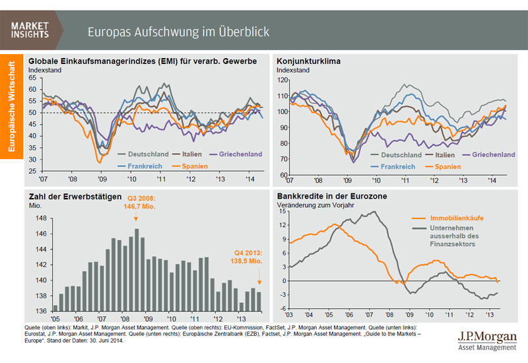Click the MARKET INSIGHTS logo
[32, 30]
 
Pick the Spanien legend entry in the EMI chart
[191, 166]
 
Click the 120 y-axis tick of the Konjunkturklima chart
[283, 80]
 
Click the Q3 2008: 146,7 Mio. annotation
[136, 201]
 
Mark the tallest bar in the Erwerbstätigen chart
[137, 270]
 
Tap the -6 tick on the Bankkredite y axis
[282, 309]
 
